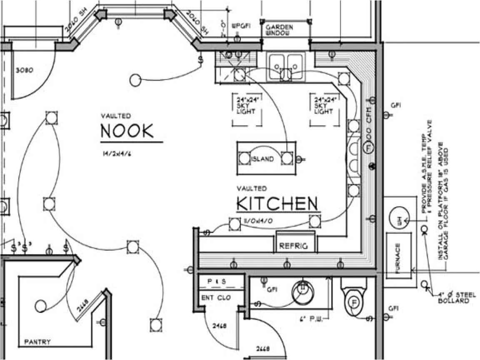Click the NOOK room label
point(127,131)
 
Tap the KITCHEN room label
point(277,204)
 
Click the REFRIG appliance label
point(293,246)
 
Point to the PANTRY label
point(37,342)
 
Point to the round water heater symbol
point(399,217)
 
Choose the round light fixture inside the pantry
point(40,306)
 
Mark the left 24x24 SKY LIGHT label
point(248,106)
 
